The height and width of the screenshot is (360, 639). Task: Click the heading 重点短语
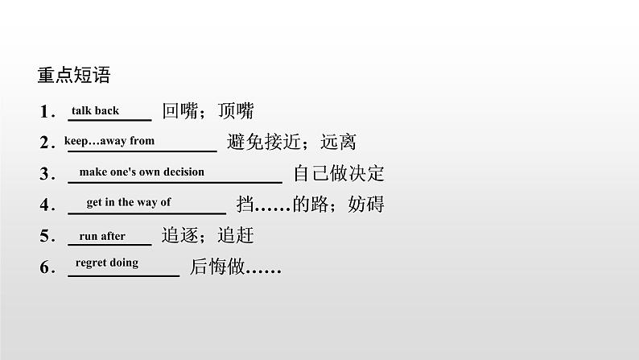pos(73,77)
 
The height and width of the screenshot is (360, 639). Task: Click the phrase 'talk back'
pos(95,111)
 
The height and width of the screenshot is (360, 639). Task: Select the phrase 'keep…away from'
pos(109,141)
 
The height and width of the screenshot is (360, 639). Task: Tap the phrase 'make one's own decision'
pos(142,172)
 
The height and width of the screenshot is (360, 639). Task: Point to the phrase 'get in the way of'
pos(129,202)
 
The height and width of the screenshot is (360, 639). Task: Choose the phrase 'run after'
pos(102,236)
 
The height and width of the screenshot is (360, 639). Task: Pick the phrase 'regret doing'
pos(106,263)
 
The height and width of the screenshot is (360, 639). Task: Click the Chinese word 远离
pos(338,143)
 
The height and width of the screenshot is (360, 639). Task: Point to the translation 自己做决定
pos(339,174)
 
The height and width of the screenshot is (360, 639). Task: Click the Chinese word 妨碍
pos(366,205)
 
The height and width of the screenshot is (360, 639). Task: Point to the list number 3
pos(45,175)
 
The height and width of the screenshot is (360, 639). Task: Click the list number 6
pos(45,267)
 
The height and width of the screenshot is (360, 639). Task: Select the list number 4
pos(45,205)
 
